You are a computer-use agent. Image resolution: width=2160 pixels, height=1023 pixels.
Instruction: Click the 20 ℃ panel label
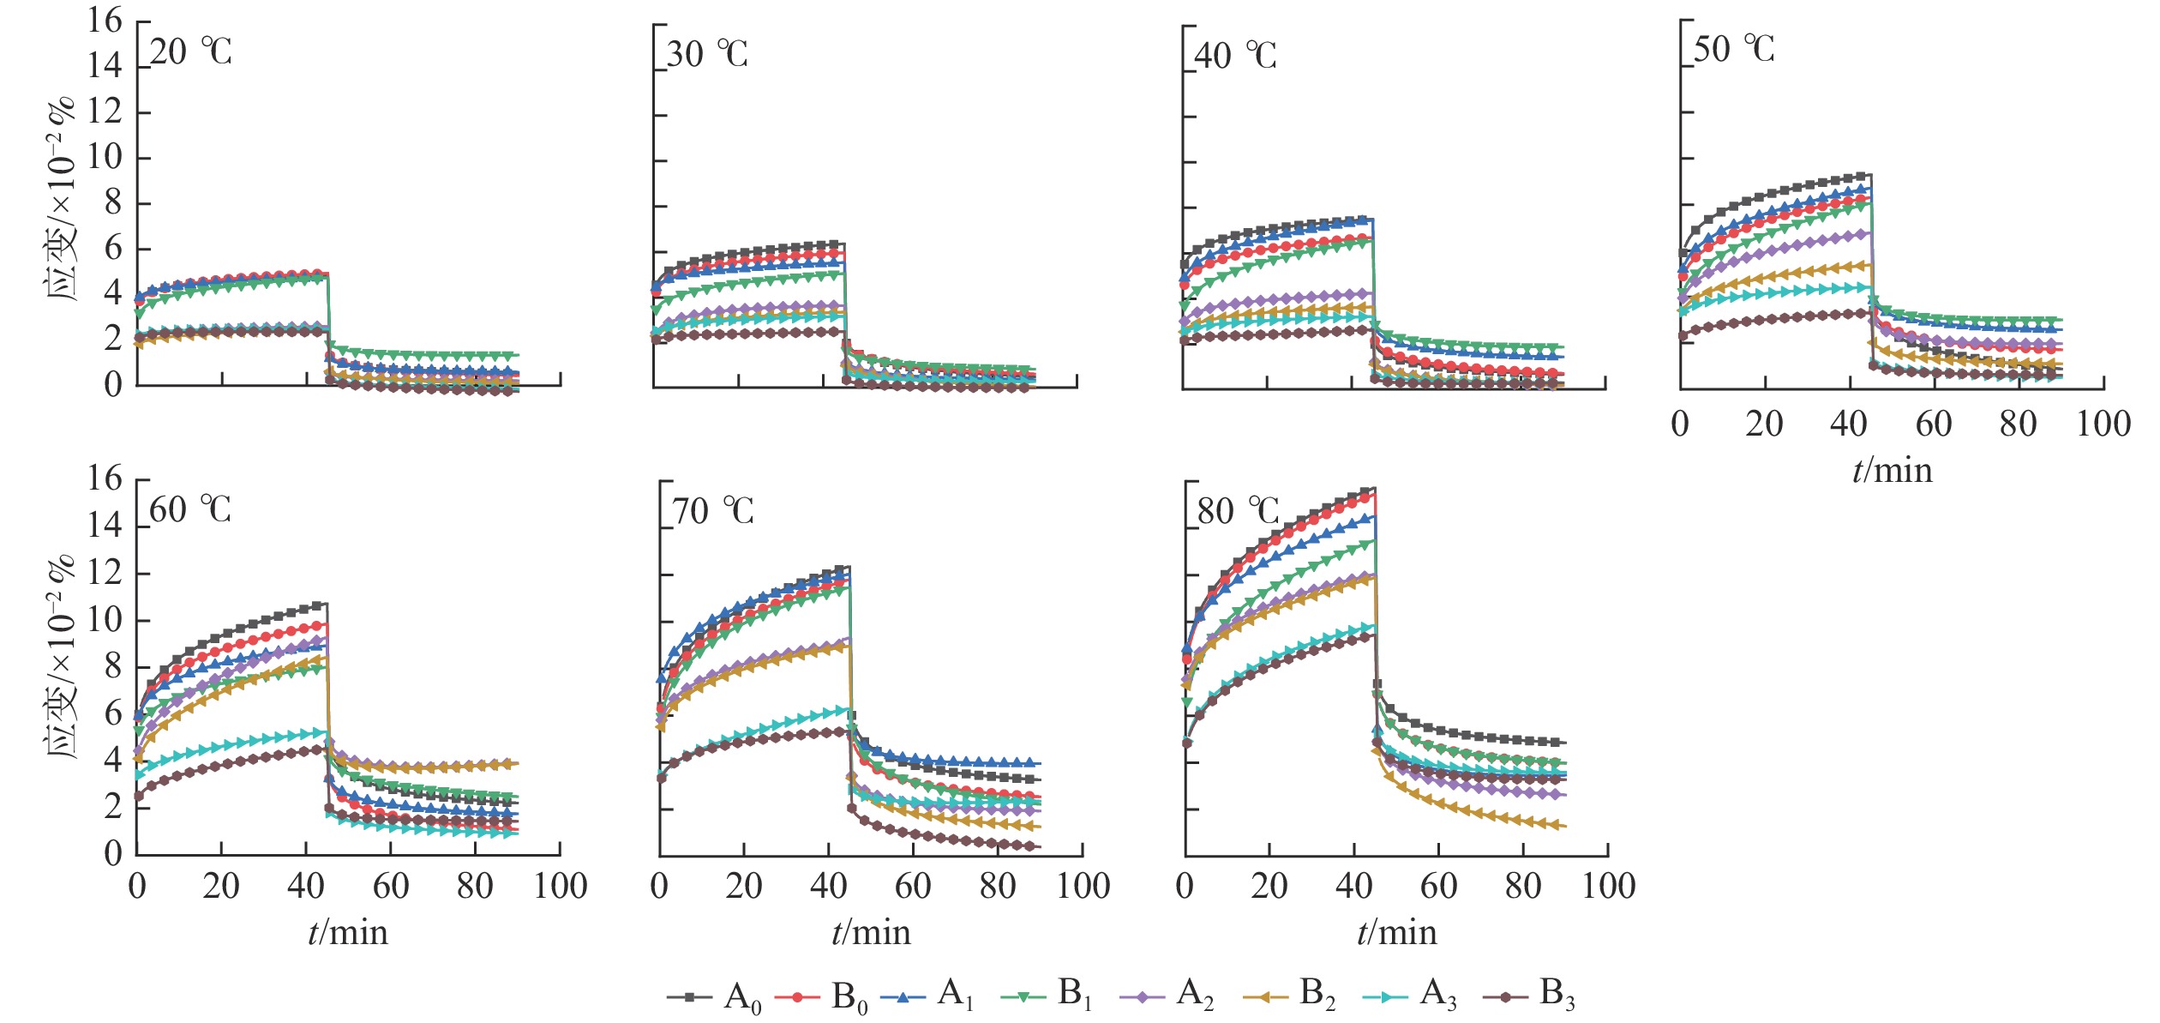coord(190,52)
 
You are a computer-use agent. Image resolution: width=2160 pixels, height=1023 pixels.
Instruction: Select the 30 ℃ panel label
coord(707,55)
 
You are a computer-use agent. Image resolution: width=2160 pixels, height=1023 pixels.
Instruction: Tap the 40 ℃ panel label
coord(1235,57)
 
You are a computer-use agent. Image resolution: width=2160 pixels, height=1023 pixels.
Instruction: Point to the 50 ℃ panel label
coord(1733,50)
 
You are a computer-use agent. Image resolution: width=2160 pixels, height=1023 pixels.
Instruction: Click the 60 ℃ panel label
coord(190,510)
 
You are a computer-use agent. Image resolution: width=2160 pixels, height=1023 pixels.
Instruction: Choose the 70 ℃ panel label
coord(712,512)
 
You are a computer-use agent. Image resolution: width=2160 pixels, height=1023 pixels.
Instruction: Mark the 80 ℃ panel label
coord(1238,512)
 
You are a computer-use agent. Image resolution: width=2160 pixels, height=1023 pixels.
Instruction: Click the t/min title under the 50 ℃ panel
coord(1893,471)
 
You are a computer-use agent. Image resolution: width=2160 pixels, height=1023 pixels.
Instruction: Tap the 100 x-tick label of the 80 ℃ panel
coord(1608,886)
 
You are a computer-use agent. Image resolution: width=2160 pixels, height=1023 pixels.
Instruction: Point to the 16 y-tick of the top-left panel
coord(105,21)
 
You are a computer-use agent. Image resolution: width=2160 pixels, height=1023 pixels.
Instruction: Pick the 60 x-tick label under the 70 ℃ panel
coord(913,886)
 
